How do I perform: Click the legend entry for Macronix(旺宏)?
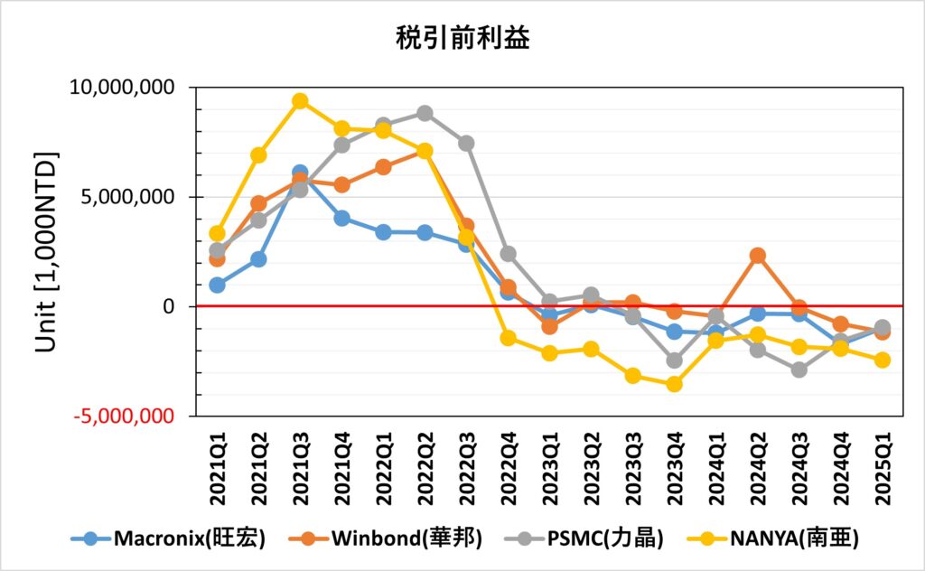click(x=169, y=539)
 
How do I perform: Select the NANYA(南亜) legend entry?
click(x=774, y=539)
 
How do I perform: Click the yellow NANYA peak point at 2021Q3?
click(x=300, y=101)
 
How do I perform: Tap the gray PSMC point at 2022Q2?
click(x=425, y=113)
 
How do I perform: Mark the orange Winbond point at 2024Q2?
click(x=757, y=256)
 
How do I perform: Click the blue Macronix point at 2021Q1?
click(x=217, y=285)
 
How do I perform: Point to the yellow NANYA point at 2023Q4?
click(x=674, y=384)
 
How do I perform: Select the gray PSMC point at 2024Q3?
click(x=799, y=370)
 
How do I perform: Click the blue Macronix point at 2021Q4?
click(x=341, y=218)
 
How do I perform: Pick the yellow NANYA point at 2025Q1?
click(x=882, y=360)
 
